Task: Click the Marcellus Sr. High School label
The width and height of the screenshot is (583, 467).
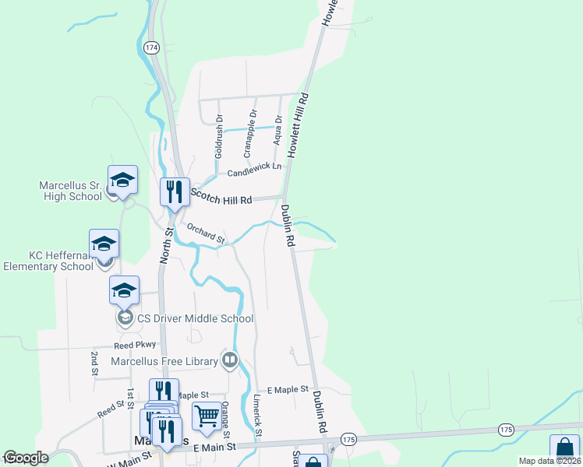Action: click(x=71, y=191)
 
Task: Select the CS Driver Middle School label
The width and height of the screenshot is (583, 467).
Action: click(x=195, y=318)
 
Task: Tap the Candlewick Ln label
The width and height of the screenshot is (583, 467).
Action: click(x=254, y=170)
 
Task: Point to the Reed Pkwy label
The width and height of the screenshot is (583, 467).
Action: click(x=135, y=344)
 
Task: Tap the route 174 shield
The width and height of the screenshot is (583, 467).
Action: click(x=151, y=47)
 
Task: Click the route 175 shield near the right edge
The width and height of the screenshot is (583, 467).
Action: click(x=507, y=430)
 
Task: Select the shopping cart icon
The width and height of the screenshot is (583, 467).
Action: click(x=207, y=416)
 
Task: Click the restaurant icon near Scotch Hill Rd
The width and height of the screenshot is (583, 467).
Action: click(x=175, y=191)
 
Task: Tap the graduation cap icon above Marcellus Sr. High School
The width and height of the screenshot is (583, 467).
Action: click(x=122, y=180)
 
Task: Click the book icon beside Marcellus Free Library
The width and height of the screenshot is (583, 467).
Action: click(x=229, y=360)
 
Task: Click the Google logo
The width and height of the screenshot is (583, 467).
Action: click(x=26, y=458)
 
